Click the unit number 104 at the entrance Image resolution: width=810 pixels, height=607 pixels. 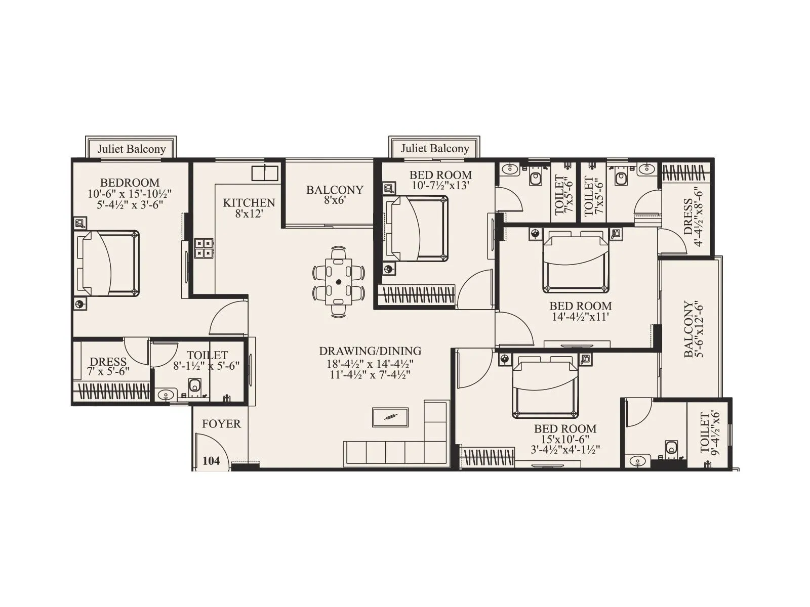coord(211,461)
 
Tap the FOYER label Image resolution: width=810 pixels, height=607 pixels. coord(221,424)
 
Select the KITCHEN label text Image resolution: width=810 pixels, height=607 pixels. coord(249,203)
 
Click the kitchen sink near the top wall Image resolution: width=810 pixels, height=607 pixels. coord(265,172)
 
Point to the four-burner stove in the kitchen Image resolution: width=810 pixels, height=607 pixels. coord(204,248)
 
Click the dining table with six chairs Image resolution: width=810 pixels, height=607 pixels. coord(339,281)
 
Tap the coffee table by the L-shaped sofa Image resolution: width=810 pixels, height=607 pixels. coord(390,417)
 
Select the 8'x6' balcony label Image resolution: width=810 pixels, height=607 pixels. coord(335,195)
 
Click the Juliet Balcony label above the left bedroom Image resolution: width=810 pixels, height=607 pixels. coord(132,149)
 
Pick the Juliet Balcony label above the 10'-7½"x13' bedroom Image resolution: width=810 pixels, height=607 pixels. coord(434,148)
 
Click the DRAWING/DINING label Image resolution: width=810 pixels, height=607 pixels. coord(370,351)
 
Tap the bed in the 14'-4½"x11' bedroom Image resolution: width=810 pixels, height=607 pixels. coord(576,262)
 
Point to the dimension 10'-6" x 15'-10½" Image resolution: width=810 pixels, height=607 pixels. coord(130,194)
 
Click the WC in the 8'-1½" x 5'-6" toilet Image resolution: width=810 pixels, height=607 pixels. coord(195,386)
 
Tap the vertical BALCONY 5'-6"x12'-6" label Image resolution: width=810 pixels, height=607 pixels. coord(694,330)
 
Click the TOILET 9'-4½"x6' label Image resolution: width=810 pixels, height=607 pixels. coord(710,434)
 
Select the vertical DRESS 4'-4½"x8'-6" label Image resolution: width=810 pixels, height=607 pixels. coord(693,216)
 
